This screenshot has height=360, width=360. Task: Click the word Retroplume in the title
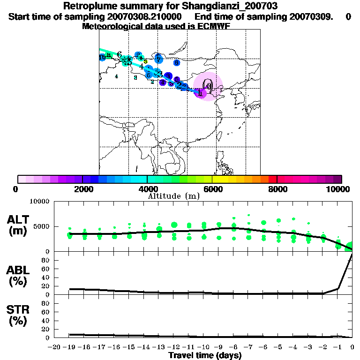(87, 6)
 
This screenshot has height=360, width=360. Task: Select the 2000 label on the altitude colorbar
(82, 189)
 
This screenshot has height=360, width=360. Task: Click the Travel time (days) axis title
(205, 356)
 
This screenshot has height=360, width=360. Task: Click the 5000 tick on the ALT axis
(43, 227)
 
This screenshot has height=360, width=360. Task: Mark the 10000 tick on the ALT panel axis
(41, 202)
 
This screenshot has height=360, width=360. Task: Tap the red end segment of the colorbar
(272, 179)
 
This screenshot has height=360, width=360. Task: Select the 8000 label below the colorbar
(277, 189)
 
